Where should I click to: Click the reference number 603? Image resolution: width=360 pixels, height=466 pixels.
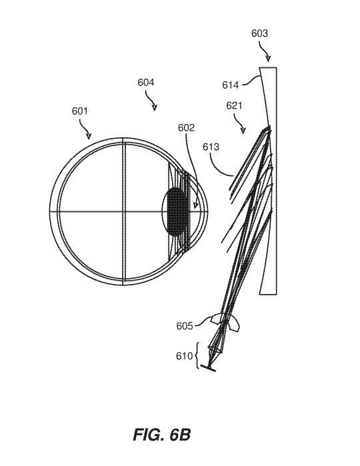click(x=259, y=33)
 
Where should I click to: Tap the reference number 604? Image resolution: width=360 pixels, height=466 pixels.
click(x=145, y=82)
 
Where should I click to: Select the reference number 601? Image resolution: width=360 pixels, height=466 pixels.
click(x=80, y=111)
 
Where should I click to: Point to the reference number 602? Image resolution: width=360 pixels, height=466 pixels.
click(x=186, y=128)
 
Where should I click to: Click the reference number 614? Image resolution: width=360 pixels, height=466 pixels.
click(x=231, y=85)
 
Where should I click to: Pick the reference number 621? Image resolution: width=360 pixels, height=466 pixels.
click(x=234, y=105)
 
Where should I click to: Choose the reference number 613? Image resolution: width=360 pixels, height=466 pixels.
click(x=211, y=147)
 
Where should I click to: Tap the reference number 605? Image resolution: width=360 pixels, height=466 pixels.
click(x=185, y=326)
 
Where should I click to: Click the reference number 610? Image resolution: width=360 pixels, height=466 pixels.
click(x=184, y=356)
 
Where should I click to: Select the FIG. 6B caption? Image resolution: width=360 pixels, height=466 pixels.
click(x=162, y=435)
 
